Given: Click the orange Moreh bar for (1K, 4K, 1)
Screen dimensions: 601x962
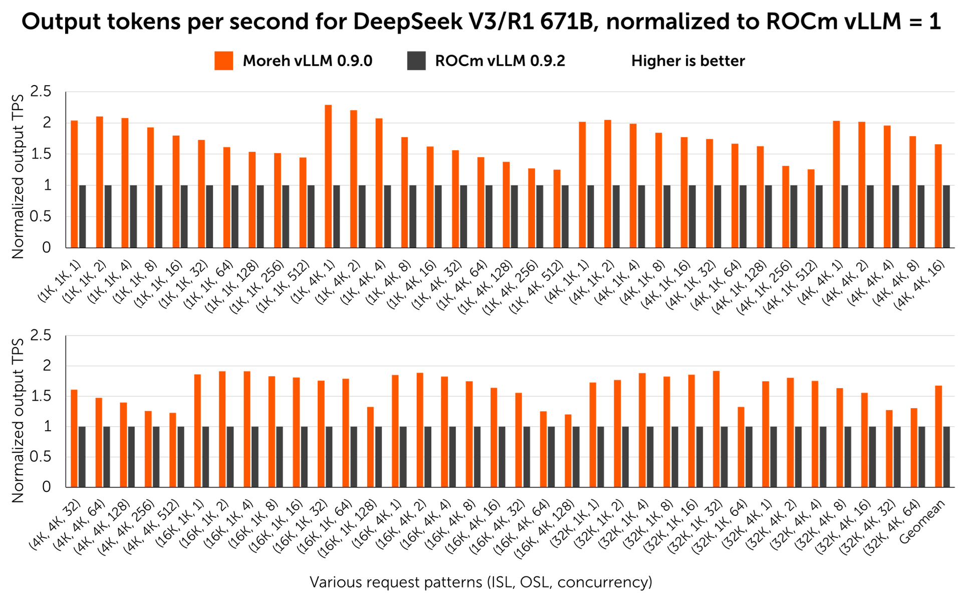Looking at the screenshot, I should click(x=328, y=176).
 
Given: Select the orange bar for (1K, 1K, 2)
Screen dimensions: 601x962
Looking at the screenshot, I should click(x=100, y=182).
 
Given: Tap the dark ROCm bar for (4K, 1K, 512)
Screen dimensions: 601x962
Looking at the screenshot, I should click(x=819, y=216).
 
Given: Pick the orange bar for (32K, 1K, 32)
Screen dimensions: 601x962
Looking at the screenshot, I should click(x=716, y=429).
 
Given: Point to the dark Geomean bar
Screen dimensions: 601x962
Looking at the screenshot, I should click(x=946, y=457).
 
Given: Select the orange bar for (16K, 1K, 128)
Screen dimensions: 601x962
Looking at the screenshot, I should click(x=370, y=447).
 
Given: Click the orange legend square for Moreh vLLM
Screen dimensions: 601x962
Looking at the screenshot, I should click(x=223, y=61).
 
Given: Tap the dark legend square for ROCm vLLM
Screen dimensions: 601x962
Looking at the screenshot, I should click(x=416, y=61).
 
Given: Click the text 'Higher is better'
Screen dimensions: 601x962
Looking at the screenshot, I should click(x=688, y=61).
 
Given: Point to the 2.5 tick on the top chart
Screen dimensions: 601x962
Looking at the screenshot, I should click(x=41, y=92).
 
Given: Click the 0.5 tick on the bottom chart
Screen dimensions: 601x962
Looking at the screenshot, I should click(x=41, y=457).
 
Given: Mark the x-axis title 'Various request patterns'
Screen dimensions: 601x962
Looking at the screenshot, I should click(x=395, y=582).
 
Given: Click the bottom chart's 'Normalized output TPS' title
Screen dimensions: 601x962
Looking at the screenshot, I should click(x=18, y=421).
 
